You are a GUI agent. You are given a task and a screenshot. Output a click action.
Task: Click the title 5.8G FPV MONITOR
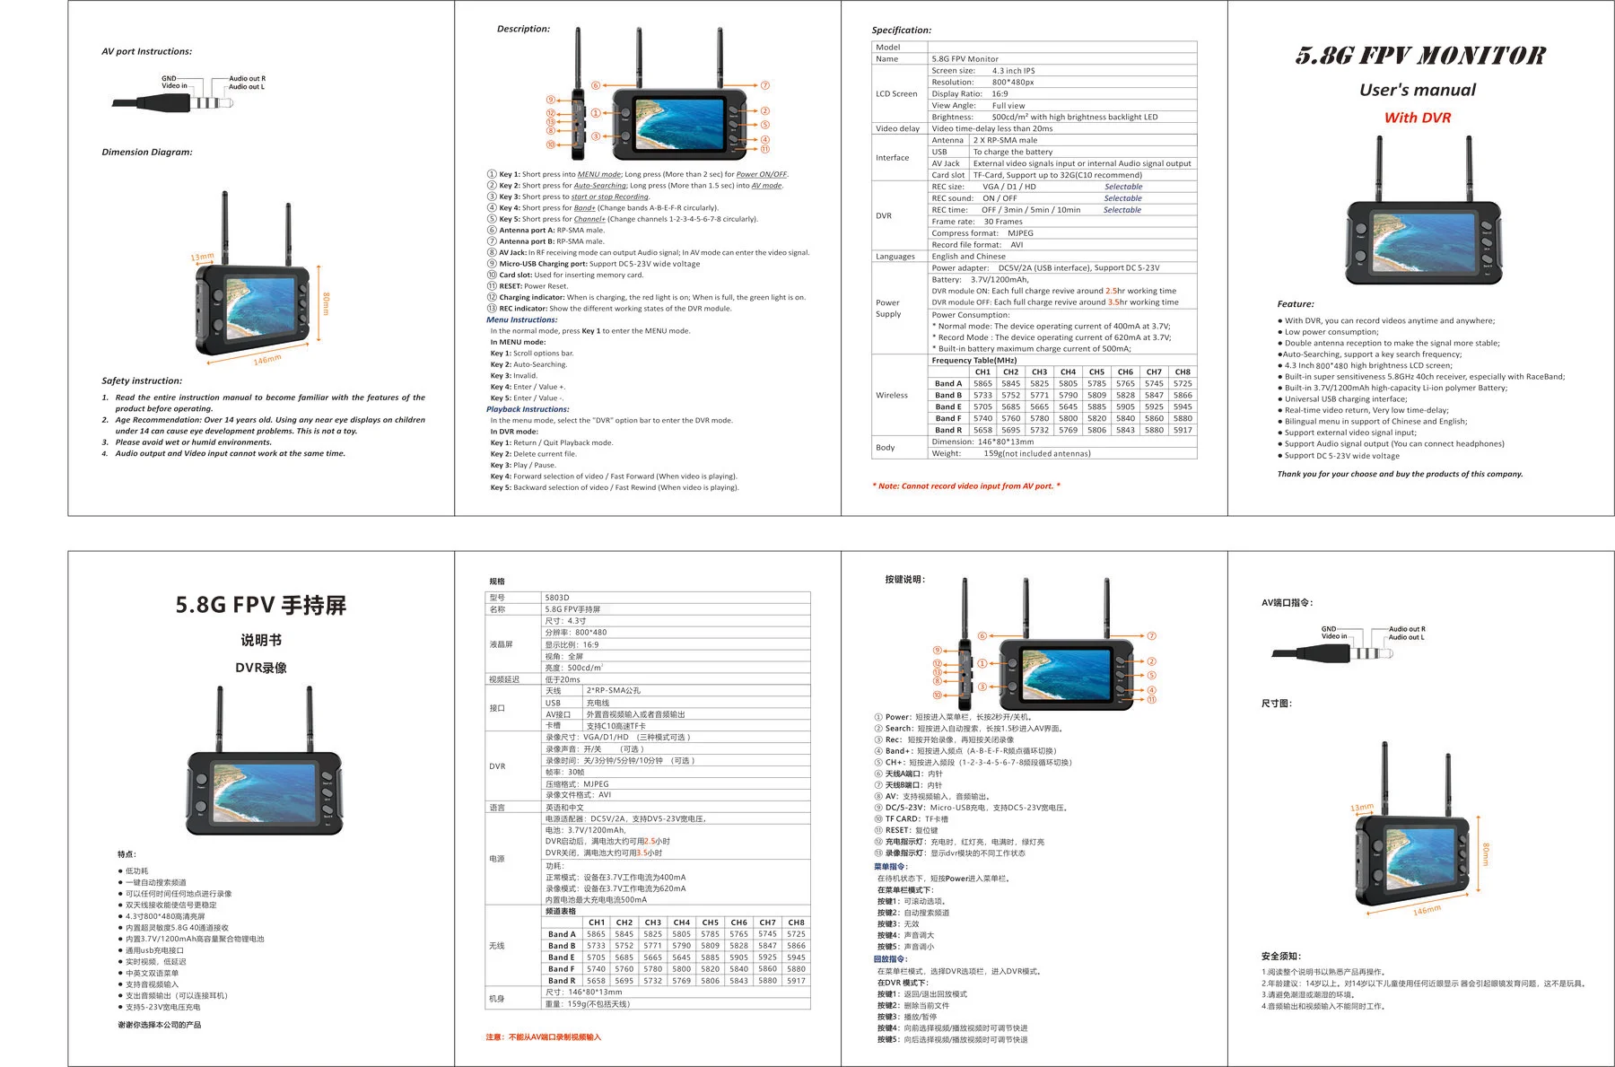[x=1419, y=57]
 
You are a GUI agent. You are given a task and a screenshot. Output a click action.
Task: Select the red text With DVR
[x=1417, y=118]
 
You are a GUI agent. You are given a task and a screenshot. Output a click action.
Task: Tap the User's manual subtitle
[x=1417, y=90]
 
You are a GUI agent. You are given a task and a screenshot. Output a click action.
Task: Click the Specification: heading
[x=901, y=31]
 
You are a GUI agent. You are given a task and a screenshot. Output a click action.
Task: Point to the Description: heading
[x=523, y=29]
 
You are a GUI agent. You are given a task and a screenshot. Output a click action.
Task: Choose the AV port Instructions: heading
[x=146, y=51]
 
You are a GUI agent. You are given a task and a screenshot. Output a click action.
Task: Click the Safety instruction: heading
[x=142, y=380]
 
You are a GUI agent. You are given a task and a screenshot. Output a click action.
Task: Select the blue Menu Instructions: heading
[x=521, y=319]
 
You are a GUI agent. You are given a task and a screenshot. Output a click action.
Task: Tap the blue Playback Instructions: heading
[x=528, y=409]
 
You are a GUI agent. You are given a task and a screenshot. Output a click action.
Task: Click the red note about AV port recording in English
[x=965, y=485]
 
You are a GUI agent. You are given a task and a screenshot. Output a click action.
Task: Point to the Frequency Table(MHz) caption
[x=973, y=360]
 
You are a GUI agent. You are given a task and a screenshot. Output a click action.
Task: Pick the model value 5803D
[x=557, y=598]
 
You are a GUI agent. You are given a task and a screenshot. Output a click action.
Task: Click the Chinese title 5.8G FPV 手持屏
[x=260, y=606]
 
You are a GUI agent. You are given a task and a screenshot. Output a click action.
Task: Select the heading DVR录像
[x=260, y=668]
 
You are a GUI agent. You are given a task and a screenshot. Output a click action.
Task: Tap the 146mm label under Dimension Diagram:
[x=266, y=360]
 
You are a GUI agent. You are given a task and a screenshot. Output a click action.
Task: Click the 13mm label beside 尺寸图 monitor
[x=1361, y=808]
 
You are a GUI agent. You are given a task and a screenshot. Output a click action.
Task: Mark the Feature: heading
[x=1295, y=304]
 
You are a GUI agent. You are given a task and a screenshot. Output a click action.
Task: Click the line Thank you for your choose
[x=1400, y=474]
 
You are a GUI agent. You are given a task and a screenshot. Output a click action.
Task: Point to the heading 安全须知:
[x=1280, y=956]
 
